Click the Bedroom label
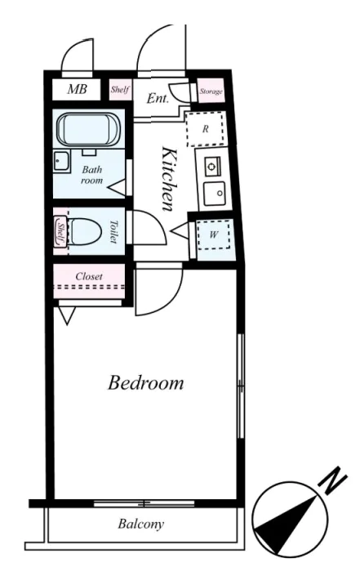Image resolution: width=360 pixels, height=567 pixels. (145, 383)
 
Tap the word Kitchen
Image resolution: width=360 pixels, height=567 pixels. (169, 178)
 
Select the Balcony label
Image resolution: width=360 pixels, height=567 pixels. (140, 524)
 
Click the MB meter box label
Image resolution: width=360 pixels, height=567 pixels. (77, 88)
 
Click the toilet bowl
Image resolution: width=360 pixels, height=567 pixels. (85, 231)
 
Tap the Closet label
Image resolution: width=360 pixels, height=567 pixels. (89, 277)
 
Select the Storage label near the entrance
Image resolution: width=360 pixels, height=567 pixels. (211, 92)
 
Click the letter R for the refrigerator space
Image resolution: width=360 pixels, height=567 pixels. (205, 129)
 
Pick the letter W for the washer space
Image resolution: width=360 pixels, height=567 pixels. (213, 234)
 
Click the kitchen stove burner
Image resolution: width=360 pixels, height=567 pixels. (211, 166)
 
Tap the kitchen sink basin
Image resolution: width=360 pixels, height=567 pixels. (214, 193)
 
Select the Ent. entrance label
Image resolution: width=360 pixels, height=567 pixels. (158, 98)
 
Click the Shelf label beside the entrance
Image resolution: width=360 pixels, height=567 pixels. (120, 89)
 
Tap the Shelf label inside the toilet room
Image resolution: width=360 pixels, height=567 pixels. (61, 231)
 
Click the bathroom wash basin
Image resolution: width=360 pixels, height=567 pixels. (61, 161)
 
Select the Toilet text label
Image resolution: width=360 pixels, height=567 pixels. (113, 232)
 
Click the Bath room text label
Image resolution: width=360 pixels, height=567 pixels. (91, 175)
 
